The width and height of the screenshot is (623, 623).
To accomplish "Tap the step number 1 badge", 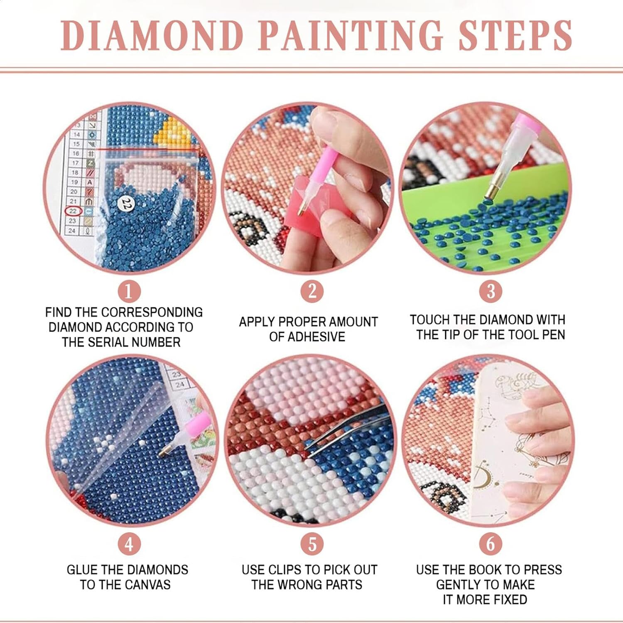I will (129, 291).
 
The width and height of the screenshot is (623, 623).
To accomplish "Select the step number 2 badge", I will (312, 291).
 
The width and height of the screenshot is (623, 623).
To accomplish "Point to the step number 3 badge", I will (491, 291).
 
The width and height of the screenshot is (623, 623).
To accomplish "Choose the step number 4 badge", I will (129, 544).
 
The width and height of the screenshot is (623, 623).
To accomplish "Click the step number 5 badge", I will (312, 544).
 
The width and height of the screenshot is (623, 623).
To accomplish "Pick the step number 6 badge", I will (491, 544).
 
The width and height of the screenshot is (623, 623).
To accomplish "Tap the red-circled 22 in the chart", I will (73, 211).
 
